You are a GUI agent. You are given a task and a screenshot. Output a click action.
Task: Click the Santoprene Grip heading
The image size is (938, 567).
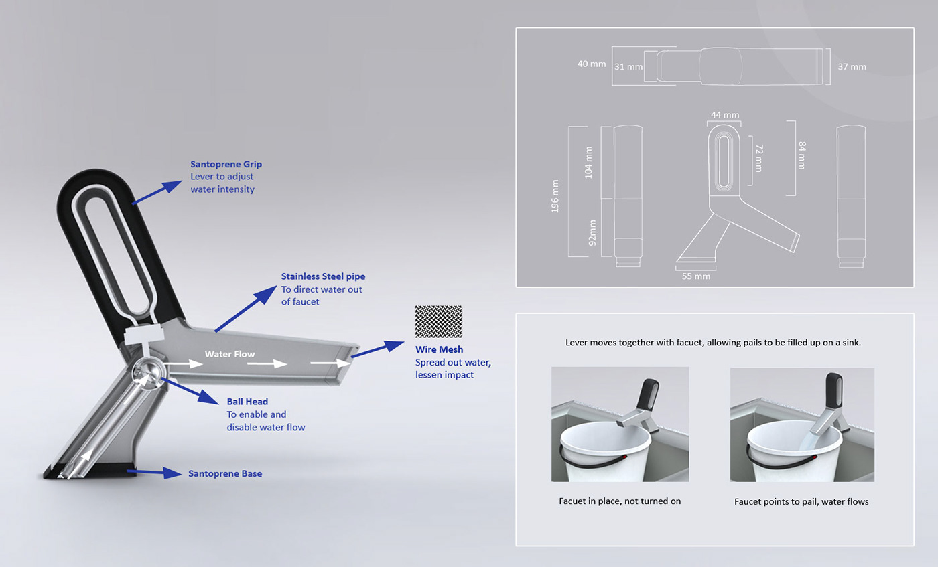click(x=226, y=164)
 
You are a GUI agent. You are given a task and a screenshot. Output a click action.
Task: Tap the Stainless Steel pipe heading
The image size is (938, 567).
click(x=323, y=276)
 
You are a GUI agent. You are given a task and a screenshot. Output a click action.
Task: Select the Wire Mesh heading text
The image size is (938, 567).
click(x=439, y=349)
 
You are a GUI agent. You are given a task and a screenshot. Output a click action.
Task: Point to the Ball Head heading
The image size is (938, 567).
click(x=247, y=401)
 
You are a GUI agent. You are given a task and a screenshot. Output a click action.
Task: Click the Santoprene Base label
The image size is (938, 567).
click(x=225, y=473)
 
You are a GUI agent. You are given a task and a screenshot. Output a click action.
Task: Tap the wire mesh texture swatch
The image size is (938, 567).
click(x=439, y=321)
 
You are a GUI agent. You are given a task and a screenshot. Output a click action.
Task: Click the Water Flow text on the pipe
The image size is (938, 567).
click(x=229, y=354)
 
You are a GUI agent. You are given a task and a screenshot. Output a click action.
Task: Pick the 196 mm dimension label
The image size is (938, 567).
click(x=555, y=196)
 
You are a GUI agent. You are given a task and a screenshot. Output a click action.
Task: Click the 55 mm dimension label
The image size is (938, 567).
click(x=696, y=276)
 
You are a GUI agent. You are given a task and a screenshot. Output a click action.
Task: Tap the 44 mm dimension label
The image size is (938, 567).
click(x=725, y=114)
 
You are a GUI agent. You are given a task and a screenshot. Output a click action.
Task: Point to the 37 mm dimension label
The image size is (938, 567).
click(x=852, y=66)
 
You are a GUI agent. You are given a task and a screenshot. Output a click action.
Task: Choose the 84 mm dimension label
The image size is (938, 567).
click(x=802, y=155)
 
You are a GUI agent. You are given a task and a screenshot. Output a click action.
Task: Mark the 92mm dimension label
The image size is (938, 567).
click(x=592, y=233)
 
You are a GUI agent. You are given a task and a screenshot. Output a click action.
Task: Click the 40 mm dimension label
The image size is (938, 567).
click(x=592, y=64)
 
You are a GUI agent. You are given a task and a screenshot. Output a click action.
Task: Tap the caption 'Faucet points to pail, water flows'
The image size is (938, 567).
click(x=801, y=501)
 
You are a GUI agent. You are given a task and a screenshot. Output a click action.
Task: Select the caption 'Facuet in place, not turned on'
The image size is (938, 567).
click(x=620, y=501)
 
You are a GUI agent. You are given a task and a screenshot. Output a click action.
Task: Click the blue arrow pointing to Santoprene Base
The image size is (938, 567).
click(x=154, y=473)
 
